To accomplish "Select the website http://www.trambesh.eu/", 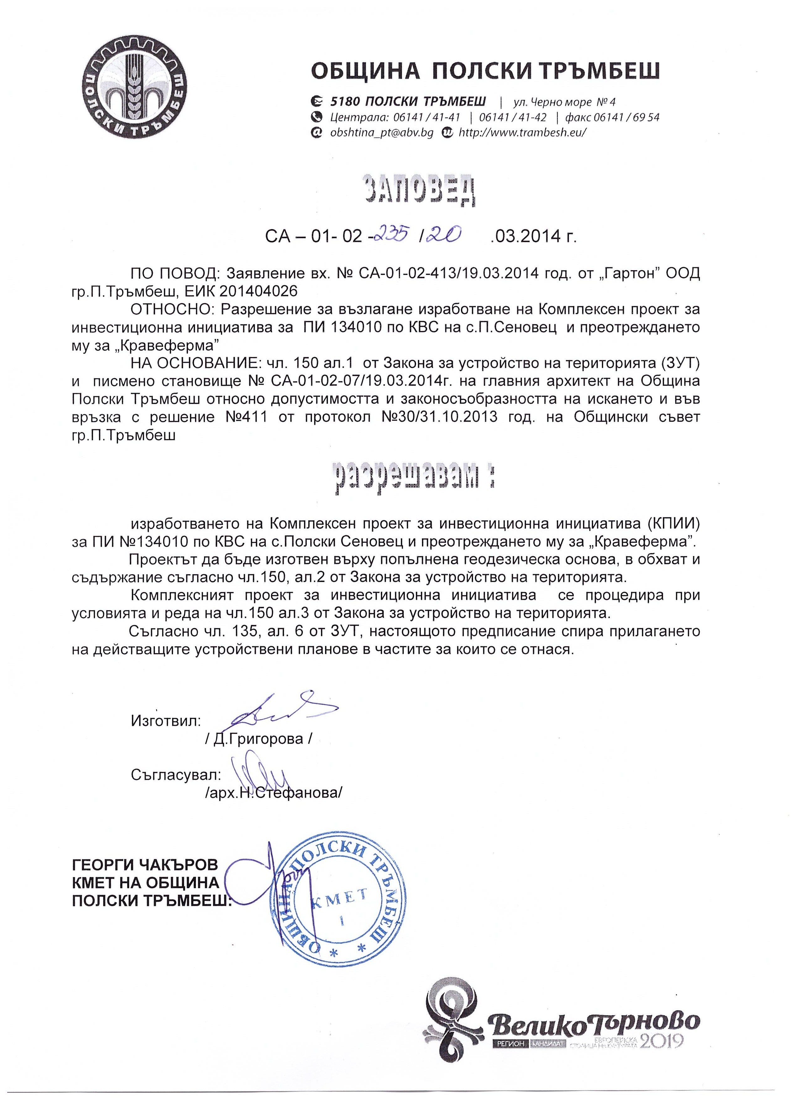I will (x=522, y=132).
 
